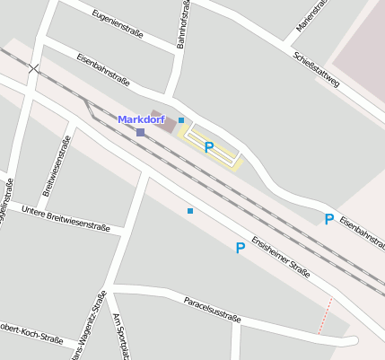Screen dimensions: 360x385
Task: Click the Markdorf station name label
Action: click(141, 119)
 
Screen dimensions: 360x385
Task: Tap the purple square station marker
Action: click(140, 132)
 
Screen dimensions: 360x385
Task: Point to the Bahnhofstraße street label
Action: click(182, 24)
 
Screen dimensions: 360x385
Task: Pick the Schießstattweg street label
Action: click(316, 69)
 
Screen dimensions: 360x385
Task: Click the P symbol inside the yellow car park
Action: click(208, 147)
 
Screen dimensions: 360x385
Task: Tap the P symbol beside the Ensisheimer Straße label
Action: click(240, 248)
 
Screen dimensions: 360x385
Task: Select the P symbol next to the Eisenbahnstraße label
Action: click(328, 219)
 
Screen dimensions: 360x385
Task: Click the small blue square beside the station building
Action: click(180, 119)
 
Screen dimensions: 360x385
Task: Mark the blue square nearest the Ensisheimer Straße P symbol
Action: click(189, 211)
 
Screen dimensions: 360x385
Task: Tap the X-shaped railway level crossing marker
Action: click(33, 68)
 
